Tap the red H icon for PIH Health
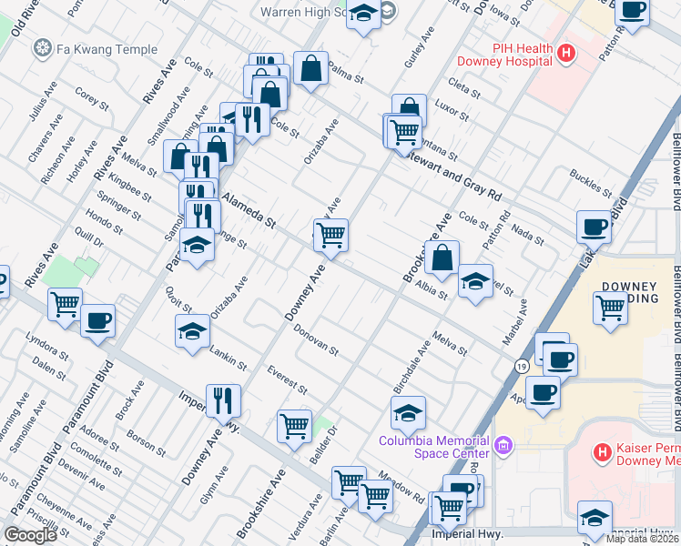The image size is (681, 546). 566,54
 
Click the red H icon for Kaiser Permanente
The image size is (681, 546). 601,452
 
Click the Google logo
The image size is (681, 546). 31,535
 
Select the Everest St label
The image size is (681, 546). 287,379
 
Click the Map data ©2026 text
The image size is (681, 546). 642,539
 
